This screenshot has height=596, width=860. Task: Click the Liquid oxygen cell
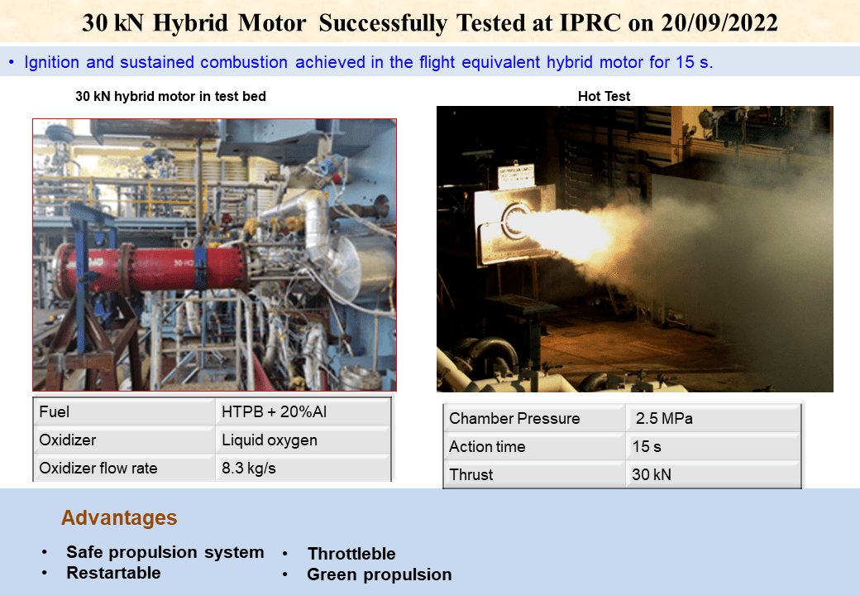pos(269,440)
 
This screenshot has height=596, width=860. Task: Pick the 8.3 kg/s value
pos(248,469)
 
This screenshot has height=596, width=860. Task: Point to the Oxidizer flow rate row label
pos(98,469)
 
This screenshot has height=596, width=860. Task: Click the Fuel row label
pos(55,412)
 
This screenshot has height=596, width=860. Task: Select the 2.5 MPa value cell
pos(664,419)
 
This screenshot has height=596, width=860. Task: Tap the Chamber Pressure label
pos(514,419)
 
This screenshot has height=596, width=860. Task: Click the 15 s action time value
pos(647,447)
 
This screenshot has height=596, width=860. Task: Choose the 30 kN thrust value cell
pos(653,475)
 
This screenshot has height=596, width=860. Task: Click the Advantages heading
pos(119,518)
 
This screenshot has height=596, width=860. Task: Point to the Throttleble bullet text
pos(351,554)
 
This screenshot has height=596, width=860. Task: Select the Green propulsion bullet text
pos(379,574)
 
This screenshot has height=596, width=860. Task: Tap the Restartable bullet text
pos(113,573)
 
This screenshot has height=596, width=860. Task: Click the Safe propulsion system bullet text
pos(165,552)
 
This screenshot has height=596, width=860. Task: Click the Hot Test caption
pos(604,97)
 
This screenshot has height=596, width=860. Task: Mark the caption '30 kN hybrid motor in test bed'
pos(170,97)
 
